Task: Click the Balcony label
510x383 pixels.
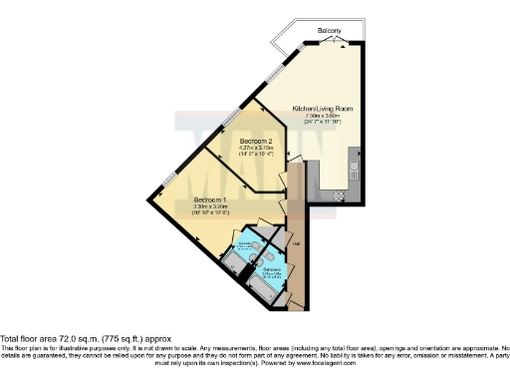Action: click(330, 32)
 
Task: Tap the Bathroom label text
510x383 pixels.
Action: click(272, 268)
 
